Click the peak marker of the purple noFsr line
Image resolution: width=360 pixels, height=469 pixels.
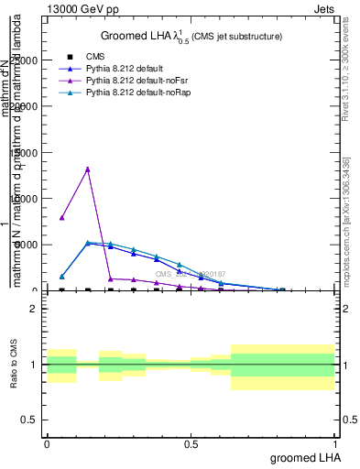tap(88, 169)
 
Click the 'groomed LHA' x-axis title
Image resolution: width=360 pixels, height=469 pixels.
tap(302, 456)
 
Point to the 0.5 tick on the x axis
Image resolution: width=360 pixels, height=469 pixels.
tap(191, 443)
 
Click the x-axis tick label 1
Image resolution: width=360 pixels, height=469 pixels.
tap(334, 443)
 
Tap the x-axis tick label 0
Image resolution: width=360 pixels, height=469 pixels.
tap(47, 443)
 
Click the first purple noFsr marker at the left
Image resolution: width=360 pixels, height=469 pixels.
tap(61, 217)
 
